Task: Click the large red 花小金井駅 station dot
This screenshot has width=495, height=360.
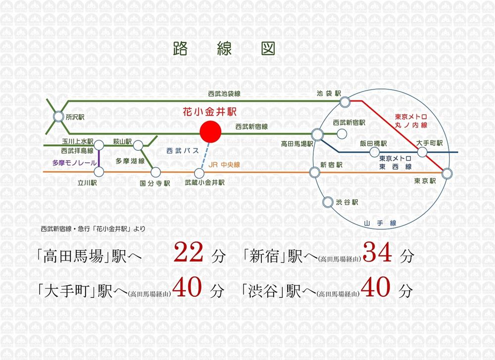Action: [210, 132]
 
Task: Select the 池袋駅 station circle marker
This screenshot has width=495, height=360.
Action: [345, 101]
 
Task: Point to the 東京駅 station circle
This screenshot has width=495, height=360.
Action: [447, 173]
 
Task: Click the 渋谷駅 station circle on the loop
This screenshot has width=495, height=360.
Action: [327, 202]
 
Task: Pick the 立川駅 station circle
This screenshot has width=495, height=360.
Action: [99, 172]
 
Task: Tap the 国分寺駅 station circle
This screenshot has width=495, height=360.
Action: [156, 172]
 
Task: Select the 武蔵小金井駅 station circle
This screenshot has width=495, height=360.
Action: [199, 173]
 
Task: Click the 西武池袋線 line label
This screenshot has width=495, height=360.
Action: [225, 93]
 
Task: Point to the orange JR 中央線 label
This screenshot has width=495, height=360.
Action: [224, 165]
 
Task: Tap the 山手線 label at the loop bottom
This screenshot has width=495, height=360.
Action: [380, 224]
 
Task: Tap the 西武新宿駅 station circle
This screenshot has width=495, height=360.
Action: [341, 133]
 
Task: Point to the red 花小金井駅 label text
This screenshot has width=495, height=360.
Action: [210, 112]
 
